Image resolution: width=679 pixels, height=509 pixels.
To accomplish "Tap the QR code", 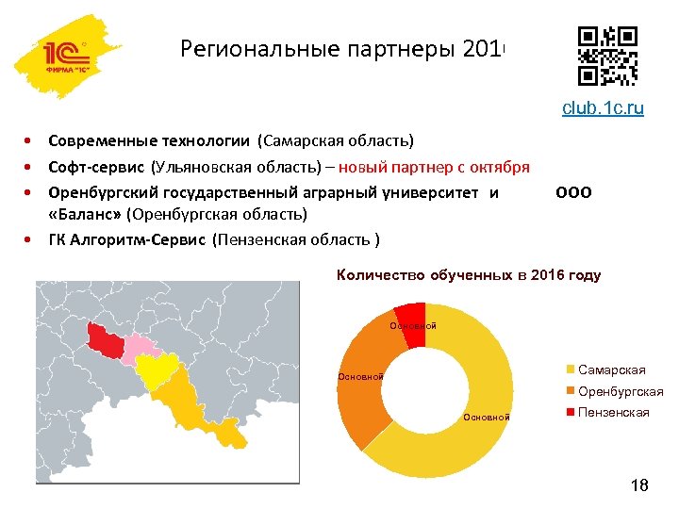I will pyautogui.click(x=607, y=56).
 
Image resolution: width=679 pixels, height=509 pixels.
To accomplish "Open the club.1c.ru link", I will pyautogui.click(x=603, y=108).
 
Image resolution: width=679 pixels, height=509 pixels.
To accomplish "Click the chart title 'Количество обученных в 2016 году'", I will pyautogui.click(x=469, y=275).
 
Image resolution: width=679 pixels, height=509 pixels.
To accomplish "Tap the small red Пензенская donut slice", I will pyautogui.click(x=411, y=315).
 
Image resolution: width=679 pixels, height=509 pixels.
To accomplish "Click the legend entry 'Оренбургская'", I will pyautogui.click(x=619, y=391).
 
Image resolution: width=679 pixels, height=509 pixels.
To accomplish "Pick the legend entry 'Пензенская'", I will pyautogui.click(x=612, y=413).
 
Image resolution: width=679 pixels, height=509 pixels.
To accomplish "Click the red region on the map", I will pyautogui.click(x=106, y=341).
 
